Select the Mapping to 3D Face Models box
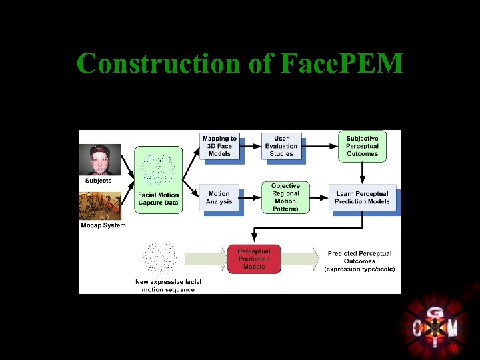click(219, 146)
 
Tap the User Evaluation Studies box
click(281, 146)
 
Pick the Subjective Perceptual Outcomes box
click(362, 146)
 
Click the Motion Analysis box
click(219, 197)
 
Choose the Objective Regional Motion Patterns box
click(285, 197)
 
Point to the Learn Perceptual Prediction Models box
click(363, 197)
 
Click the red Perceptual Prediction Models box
click(254, 259)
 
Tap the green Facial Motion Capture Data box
click(159, 179)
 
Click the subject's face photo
click(100, 160)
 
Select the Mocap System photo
click(100, 206)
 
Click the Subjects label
click(99, 181)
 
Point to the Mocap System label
click(103, 225)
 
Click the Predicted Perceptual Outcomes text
click(360, 261)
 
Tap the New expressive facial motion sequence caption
click(168, 285)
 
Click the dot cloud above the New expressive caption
click(160, 259)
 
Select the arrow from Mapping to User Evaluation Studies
click(251, 144)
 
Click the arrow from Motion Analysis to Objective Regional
click(251, 196)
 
